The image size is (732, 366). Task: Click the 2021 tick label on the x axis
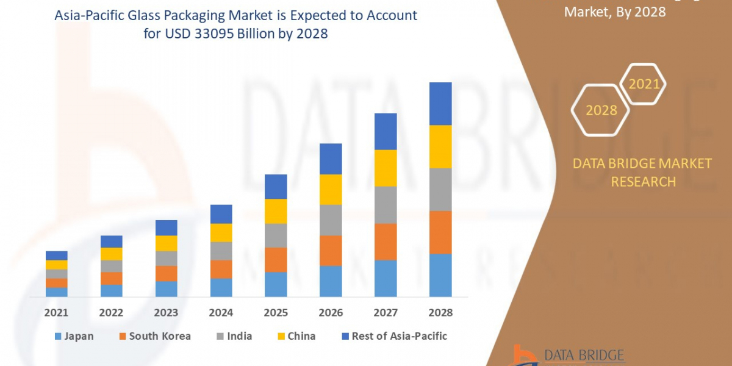tap(56, 313)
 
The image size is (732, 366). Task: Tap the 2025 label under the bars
tap(276, 313)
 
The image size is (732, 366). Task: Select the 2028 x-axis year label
tap(440, 313)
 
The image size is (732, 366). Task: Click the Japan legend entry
tap(74, 336)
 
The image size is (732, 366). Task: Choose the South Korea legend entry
tap(155, 336)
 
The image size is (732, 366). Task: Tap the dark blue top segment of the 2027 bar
tap(386, 131)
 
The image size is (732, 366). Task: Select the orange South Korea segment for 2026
tap(331, 250)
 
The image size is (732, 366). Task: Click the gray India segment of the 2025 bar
tap(276, 235)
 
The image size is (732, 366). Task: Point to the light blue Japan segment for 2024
tap(221, 287)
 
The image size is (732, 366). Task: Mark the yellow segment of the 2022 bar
tap(111, 254)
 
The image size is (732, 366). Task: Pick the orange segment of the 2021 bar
tap(56, 282)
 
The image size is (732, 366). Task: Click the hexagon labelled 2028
tap(601, 110)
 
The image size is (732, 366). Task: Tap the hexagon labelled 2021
tap(644, 84)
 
